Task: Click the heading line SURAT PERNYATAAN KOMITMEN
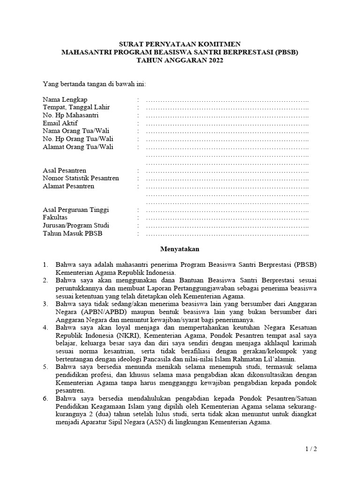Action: coord(180,44)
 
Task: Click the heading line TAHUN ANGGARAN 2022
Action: coord(180,60)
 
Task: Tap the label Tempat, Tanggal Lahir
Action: coord(76,108)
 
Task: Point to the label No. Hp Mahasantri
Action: coord(70,115)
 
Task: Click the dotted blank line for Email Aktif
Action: coord(227,123)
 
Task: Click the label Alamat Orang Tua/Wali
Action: coord(78,147)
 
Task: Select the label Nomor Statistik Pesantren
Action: coord(81,178)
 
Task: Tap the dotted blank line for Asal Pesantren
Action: coord(227,171)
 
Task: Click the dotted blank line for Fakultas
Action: coord(227,218)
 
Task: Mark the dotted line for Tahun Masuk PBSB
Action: coord(227,233)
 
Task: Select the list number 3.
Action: coord(45,304)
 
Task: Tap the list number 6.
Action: coord(45,398)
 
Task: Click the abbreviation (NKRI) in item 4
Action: coord(128,336)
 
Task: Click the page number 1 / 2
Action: coord(311,450)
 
